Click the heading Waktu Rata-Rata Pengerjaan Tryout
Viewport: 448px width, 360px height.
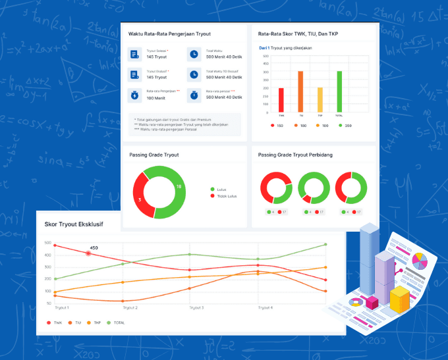point(170,34)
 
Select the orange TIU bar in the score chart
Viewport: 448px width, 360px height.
point(300,92)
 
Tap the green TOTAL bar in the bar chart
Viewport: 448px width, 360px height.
point(339,92)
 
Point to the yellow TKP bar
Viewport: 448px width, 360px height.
point(320,100)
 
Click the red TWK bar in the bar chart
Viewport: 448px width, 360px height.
point(281,100)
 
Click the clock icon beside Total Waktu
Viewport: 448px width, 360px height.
point(193,54)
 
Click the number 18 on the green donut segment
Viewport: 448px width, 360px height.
point(179,187)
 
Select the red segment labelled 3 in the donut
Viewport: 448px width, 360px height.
point(140,198)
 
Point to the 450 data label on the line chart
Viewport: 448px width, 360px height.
point(94,248)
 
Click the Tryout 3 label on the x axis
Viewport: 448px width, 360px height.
point(196,307)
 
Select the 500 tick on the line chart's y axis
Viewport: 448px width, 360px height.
point(47,243)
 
